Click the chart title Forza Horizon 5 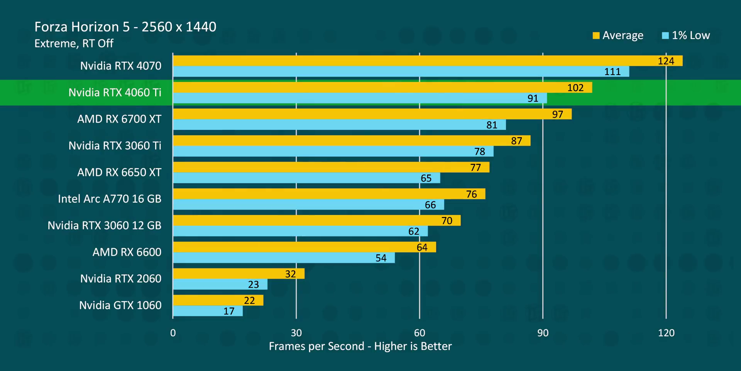click(x=125, y=27)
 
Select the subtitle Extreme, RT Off click(x=74, y=43)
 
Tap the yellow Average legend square click(x=596, y=36)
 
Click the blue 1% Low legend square click(x=665, y=36)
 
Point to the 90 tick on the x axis click(x=543, y=333)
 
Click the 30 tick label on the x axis click(x=296, y=333)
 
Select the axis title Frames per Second click(x=360, y=346)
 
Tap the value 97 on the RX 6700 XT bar click(x=557, y=114)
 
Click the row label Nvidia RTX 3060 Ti click(x=115, y=146)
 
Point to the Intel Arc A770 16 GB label click(x=110, y=199)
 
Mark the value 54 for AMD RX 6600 click(x=381, y=258)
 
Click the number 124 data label click(x=666, y=61)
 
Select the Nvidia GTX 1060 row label click(x=120, y=305)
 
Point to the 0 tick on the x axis click(x=173, y=333)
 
